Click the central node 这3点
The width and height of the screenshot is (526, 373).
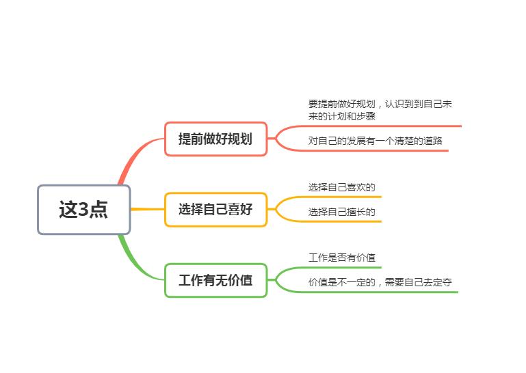coord(84,210)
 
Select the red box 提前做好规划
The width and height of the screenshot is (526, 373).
coord(215,139)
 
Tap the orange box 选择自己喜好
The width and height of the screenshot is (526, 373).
coord(215,210)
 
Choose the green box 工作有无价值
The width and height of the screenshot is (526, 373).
coord(215,280)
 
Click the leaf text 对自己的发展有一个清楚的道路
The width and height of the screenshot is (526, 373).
coord(375,141)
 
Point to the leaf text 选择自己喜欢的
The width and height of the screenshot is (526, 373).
coord(341,187)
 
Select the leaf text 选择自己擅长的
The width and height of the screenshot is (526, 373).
coord(341,212)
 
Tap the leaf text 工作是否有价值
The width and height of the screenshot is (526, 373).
coord(341,258)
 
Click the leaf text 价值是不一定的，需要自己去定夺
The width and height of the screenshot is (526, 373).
coord(380,282)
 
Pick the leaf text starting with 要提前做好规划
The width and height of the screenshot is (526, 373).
coord(380,110)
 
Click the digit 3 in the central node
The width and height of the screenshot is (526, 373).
coord(83,210)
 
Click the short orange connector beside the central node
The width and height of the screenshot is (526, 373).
coord(148,210)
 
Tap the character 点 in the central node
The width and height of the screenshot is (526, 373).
coord(98,210)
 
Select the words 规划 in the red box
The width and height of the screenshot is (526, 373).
coord(240,139)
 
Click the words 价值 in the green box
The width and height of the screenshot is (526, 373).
coord(240,280)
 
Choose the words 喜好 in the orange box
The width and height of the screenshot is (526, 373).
coord(240,210)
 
